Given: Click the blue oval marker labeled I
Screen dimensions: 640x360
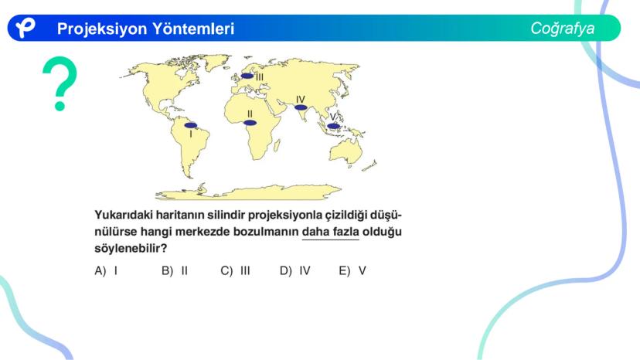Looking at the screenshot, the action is [x=191, y=125].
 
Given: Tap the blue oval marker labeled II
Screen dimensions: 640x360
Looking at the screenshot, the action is [x=250, y=123].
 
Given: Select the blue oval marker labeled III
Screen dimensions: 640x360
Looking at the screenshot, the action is [x=247, y=76].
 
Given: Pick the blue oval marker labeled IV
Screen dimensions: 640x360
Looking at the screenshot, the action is [x=301, y=107].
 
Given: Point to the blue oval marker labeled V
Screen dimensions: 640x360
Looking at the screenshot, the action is [x=333, y=126].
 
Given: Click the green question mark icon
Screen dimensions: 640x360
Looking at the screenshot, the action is [x=60, y=83].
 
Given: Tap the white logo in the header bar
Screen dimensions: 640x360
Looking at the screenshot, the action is [x=26, y=28].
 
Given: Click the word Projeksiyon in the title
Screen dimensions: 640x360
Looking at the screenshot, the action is [x=101, y=29].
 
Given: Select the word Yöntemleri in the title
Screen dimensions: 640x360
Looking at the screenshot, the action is [x=193, y=29].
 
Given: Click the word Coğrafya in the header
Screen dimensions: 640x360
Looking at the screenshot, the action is [x=563, y=29].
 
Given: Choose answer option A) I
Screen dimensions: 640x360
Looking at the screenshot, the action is [x=106, y=270].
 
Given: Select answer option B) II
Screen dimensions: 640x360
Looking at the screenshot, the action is [x=175, y=270].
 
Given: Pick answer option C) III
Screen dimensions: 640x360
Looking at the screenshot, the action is [x=235, y=270].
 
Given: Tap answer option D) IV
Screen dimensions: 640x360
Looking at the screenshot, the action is [x=295, y=270].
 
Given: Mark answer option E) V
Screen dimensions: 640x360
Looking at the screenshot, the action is [x=352, y=270].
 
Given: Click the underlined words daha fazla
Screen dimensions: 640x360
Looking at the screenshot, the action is [x=331, y=232].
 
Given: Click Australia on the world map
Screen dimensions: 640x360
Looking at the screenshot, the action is [x=346, y=151].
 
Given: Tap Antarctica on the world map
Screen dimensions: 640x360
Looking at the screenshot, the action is [x=248, y=192].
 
